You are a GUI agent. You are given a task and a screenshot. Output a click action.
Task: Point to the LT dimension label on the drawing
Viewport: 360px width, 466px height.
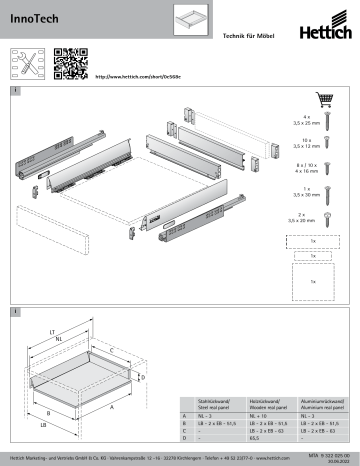pos(52,330)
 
